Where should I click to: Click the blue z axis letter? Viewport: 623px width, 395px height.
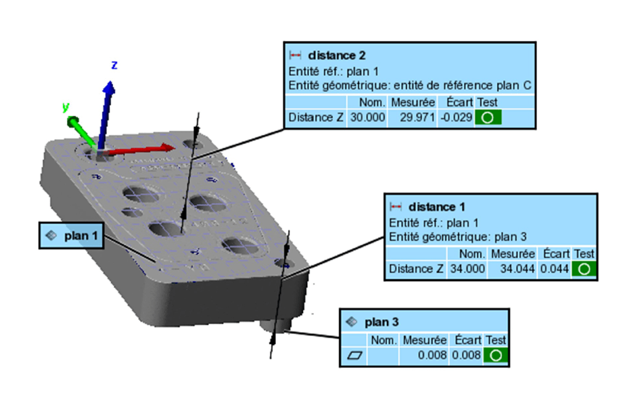point(114,65)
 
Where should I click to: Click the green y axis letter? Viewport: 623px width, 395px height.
point(66,107)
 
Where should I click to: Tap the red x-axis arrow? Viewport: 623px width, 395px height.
point(146,149)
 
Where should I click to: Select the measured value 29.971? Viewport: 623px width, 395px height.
point(413,117)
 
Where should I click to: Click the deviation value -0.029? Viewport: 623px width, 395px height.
point(458,117)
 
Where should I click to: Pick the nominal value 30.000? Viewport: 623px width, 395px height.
point(368,117)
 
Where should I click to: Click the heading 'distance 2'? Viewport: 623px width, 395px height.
point(337,55)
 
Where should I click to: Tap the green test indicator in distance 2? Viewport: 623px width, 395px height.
point(488,118)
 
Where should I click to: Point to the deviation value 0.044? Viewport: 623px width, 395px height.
point(556,269)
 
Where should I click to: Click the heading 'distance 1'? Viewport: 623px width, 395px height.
point(437,206)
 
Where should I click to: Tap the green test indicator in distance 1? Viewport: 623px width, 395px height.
point(585,269)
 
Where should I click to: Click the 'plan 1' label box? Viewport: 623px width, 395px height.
point(71,236)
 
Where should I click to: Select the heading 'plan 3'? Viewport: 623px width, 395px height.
point(381,323)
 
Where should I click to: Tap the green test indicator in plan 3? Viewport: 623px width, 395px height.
point(496,356)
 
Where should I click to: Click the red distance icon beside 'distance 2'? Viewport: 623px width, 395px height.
point(295,55)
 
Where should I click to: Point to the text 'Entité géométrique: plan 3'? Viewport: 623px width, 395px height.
point(457,237)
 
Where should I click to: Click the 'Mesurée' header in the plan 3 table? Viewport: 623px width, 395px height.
point(425,340)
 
